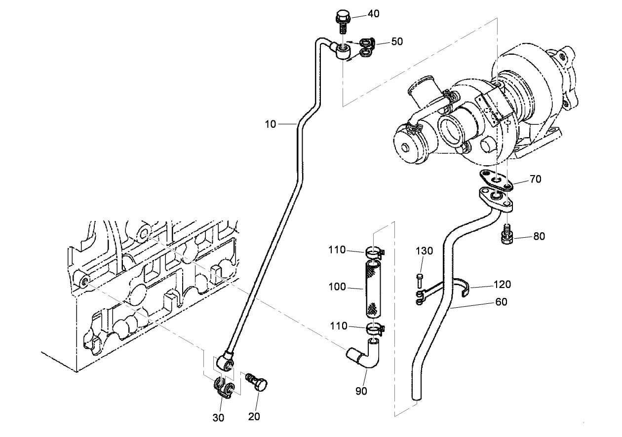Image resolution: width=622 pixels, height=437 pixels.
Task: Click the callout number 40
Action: pos(374,14)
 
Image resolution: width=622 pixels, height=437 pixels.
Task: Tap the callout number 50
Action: pos(397,41)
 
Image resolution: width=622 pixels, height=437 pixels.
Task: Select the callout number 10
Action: pos(270,124)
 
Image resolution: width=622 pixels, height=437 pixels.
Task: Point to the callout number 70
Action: pos(535,179)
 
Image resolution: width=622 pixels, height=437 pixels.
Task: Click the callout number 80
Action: pos(539,236)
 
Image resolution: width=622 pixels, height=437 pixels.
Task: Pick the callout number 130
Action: pos(424,251)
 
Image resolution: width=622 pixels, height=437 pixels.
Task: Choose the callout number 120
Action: pos(502,285)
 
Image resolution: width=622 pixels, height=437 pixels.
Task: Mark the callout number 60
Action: pos(502,302)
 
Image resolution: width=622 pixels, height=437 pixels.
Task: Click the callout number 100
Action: pos(339,286)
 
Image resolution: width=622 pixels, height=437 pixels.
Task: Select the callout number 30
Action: pos(218,417)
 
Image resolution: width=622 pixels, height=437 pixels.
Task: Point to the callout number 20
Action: pos(254,416)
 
